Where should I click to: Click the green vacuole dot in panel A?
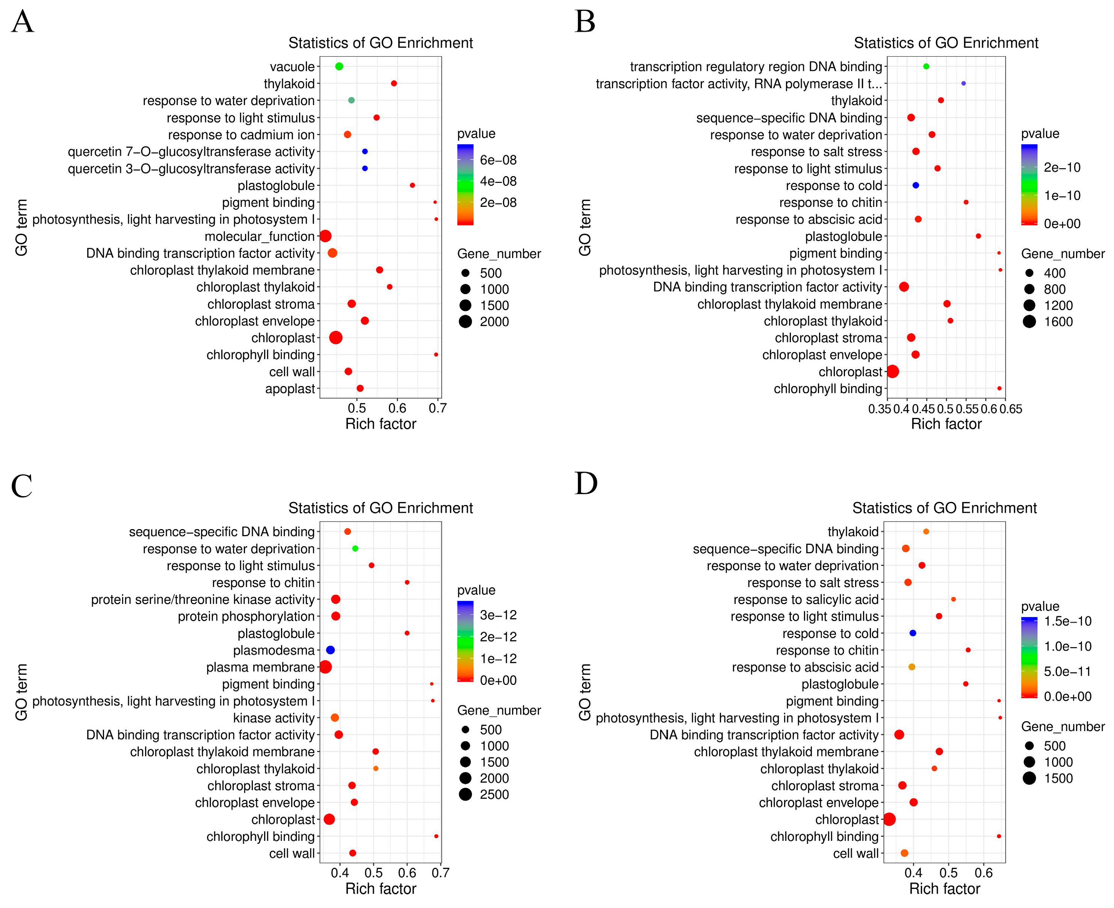point(339,66)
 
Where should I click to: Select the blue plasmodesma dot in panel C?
point(330,650)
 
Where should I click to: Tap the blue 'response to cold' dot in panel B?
point(915,185)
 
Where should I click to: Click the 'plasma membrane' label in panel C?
point(260,667)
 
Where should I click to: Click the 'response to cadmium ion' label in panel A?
point(241,135)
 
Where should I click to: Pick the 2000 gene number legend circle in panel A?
point(465,322)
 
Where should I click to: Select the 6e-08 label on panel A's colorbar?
point(498,160)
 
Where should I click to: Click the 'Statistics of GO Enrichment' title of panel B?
point(946,43)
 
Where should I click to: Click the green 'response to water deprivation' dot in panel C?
point(355,548)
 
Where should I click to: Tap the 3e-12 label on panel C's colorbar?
point(498,615)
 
